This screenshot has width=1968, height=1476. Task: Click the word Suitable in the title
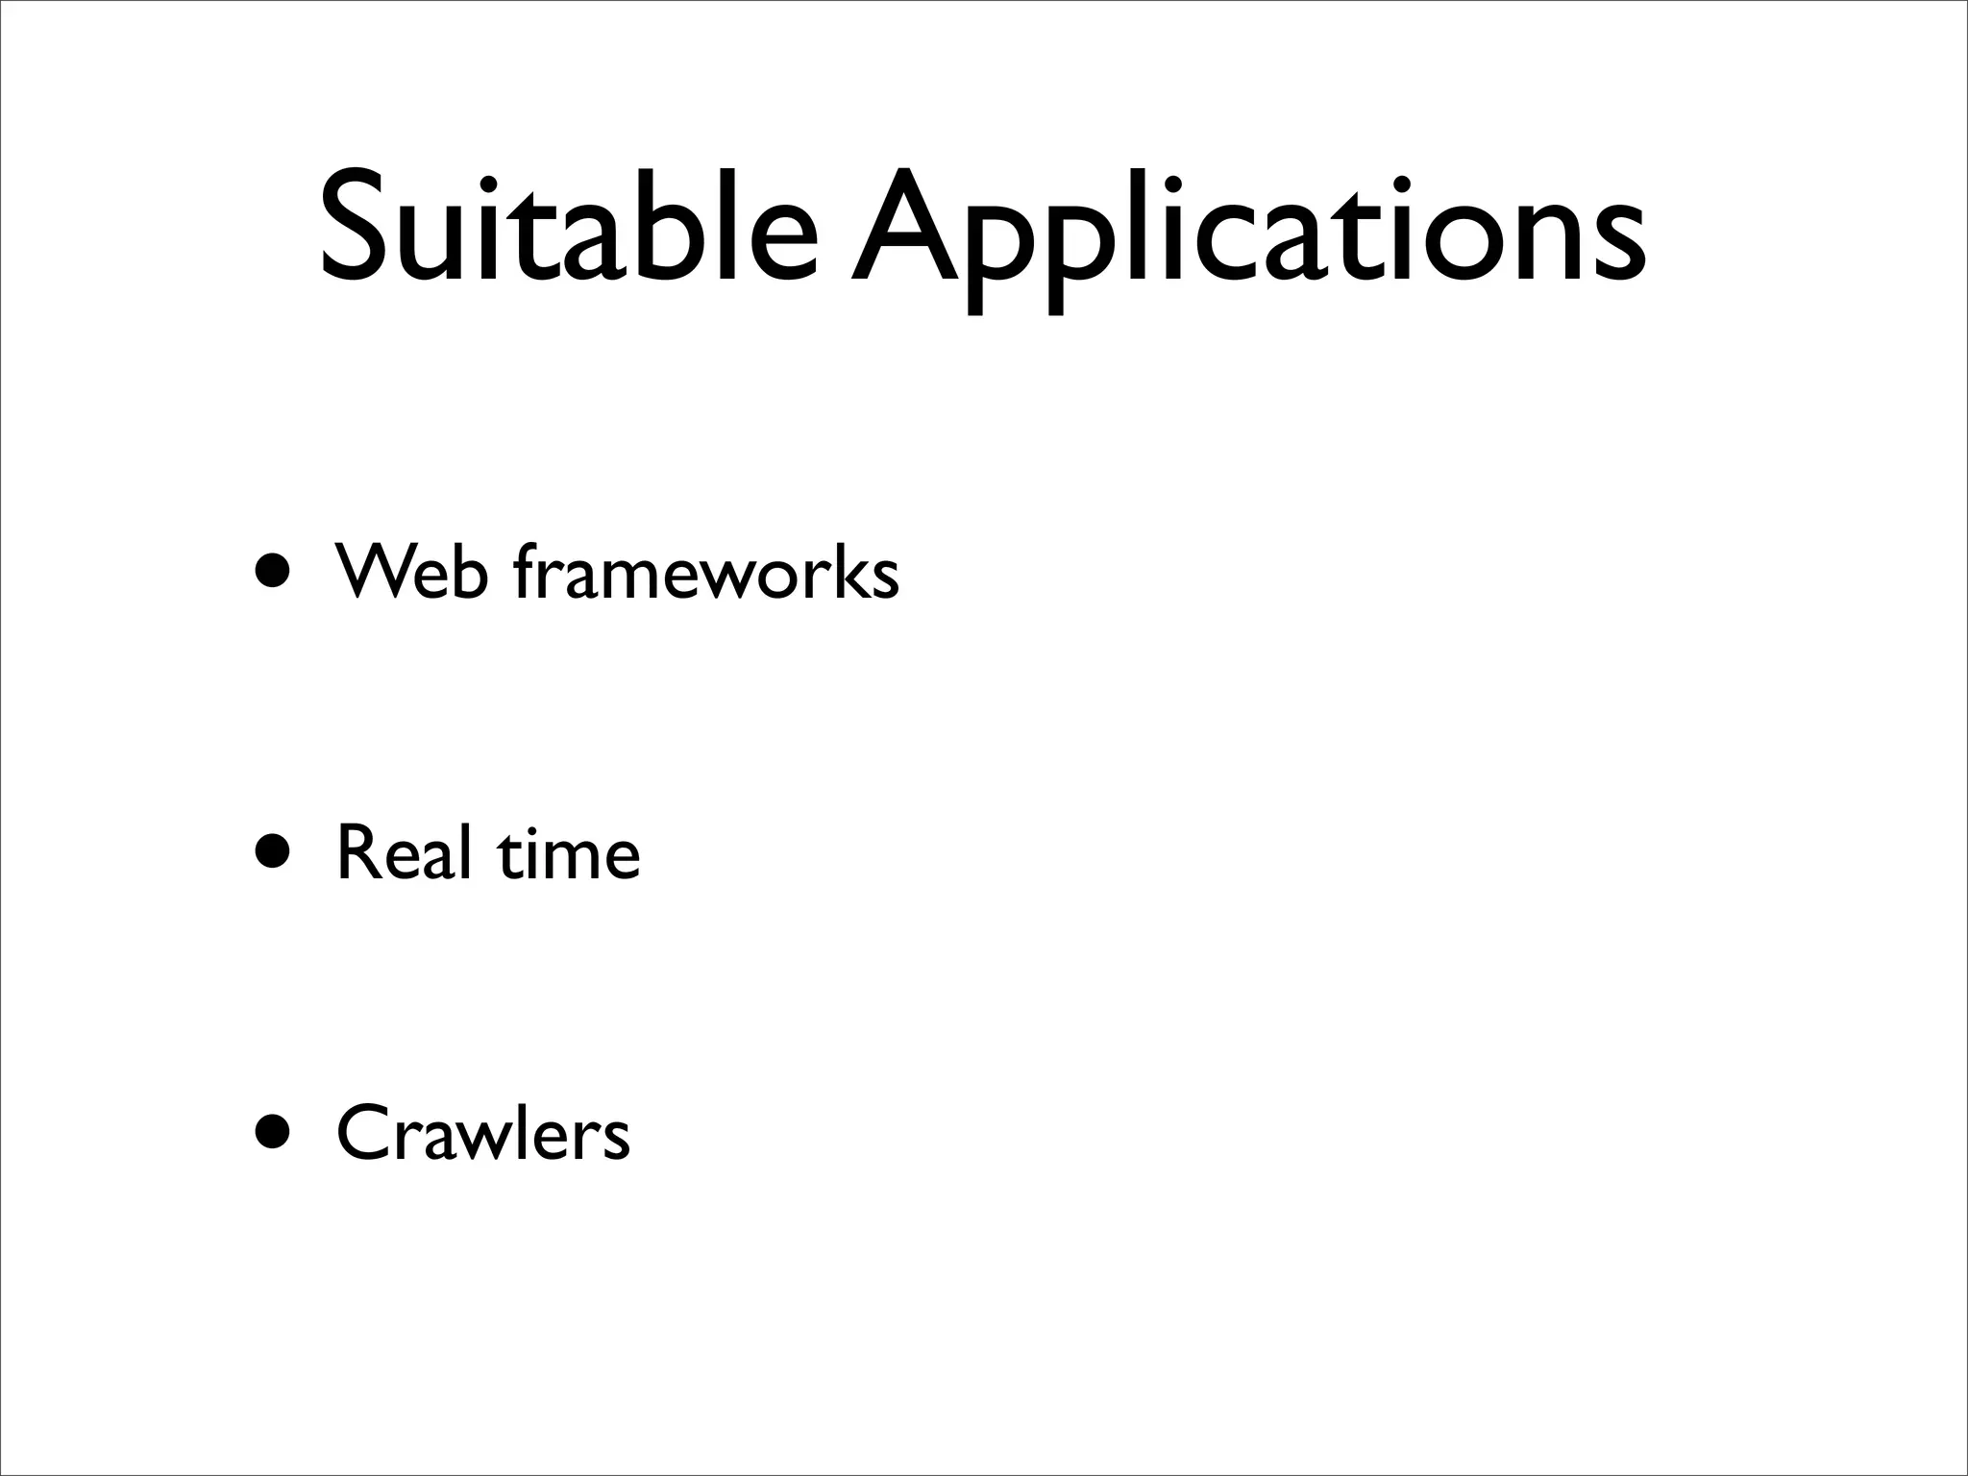[569, 229]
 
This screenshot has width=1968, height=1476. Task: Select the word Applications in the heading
[1247, 235]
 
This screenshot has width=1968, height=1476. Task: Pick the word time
[568, 852]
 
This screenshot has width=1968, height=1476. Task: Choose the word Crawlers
[482, 1134]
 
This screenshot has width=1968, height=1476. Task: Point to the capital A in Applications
[905, 229]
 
